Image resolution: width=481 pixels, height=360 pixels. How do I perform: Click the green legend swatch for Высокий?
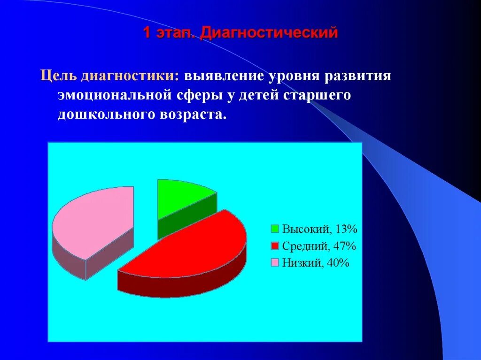(x=275, y=230)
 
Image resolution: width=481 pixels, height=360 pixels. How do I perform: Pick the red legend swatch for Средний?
(x=275, y=246)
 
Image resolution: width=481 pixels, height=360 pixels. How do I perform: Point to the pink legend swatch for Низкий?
(x=275, y=263)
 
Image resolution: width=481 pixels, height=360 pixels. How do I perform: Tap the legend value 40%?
(x=339, y=263)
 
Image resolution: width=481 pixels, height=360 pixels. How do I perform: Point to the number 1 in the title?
(x=147, y=33)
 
